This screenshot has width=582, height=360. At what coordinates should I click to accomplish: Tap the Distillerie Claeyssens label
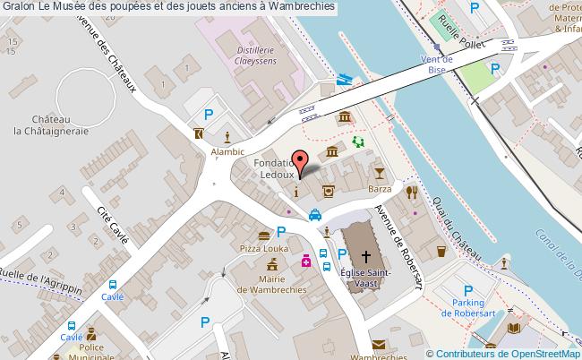[x=239, y=55]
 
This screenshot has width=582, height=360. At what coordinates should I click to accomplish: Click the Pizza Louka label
[x=261, y=246]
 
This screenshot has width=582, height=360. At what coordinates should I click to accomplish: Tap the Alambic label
[x=228, y=153]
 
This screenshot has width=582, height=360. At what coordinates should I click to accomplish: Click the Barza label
[x=381, y=189]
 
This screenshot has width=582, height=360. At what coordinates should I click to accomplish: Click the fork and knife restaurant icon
[x=411, y=191]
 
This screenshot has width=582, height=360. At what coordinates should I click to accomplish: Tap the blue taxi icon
[x=316, y=214]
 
